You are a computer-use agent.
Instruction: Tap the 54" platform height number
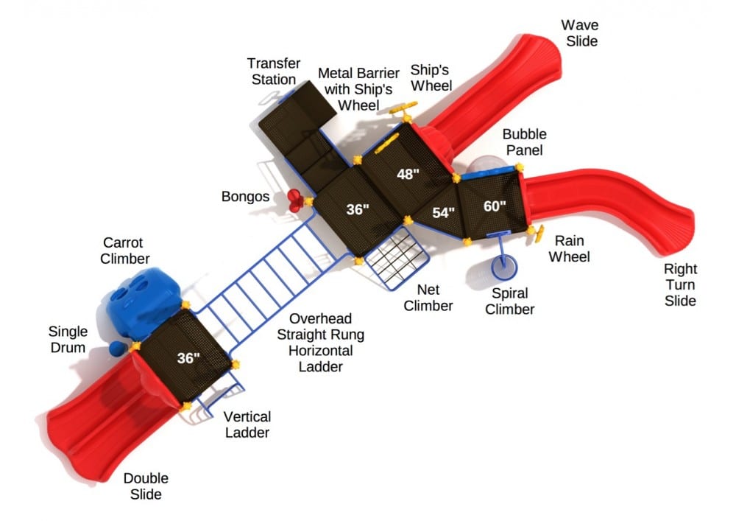444,213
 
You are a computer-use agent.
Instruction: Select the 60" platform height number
495,206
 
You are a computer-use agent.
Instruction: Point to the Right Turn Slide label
680,284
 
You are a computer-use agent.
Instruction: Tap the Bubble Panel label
524,142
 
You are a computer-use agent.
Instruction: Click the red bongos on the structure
295,199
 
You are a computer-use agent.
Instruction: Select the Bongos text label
246,197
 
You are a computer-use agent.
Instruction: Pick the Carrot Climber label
126,251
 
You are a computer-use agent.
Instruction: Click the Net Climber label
428,296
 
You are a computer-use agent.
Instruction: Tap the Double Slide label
146,486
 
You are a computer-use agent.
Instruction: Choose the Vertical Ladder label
247,425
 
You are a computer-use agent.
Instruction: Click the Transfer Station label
273,71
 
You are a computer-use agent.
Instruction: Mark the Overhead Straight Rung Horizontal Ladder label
320,343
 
